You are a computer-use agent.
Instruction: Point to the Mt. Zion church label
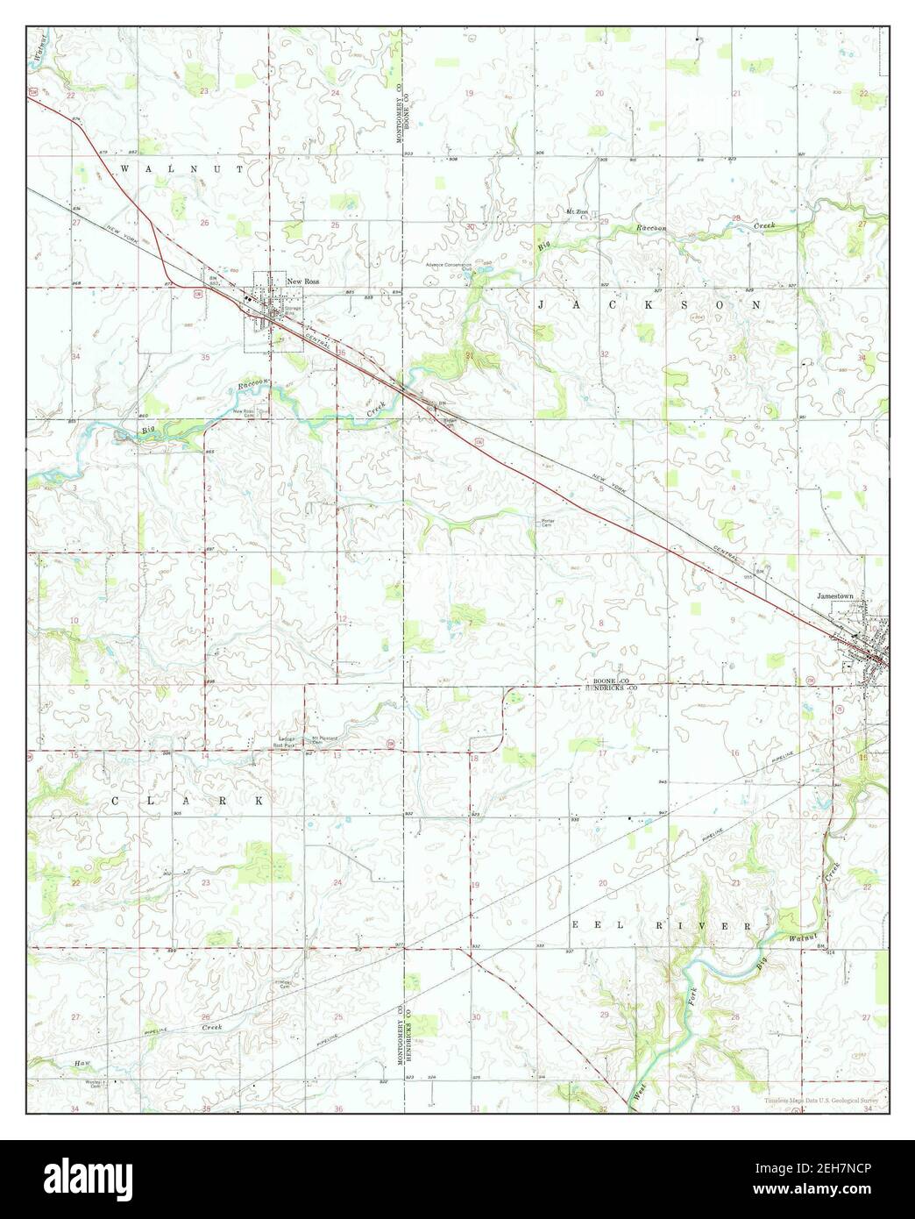[576, 213]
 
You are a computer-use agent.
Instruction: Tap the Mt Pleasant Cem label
[327, 738]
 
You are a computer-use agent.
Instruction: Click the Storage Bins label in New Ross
[292, 310]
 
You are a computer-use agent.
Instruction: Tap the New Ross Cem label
[244, 411]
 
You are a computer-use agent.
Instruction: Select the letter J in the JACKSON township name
[541, 303]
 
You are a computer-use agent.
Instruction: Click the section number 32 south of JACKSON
[604, 354]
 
